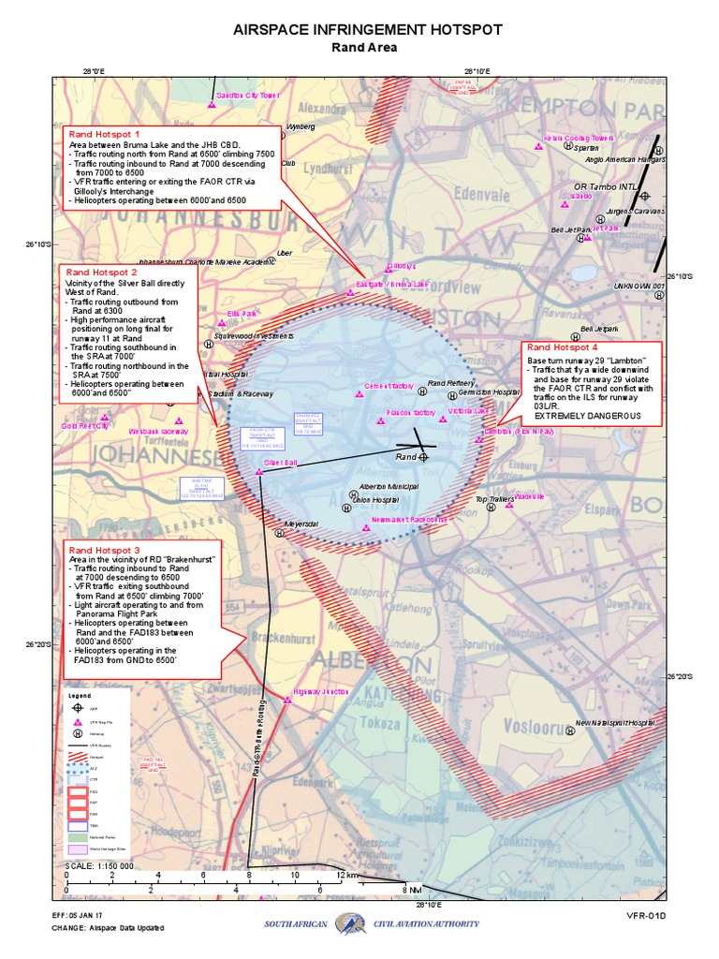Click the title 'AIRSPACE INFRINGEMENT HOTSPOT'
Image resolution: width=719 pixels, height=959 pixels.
click(x=368, y=30)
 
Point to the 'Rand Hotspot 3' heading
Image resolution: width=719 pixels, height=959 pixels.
click(x=104, y=550)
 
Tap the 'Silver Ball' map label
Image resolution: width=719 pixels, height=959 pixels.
click(x=280, y=464)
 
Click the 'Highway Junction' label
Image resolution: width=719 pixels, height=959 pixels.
click(x=320, y=691)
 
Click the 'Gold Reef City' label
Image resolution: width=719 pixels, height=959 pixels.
click(x=85, y=425)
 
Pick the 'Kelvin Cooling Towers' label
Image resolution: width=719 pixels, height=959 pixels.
click(x=579, y=138)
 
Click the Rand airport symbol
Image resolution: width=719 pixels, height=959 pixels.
click(x=423, y=457)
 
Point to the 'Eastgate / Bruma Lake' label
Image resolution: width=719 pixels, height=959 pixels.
click(x=393, y=283)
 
